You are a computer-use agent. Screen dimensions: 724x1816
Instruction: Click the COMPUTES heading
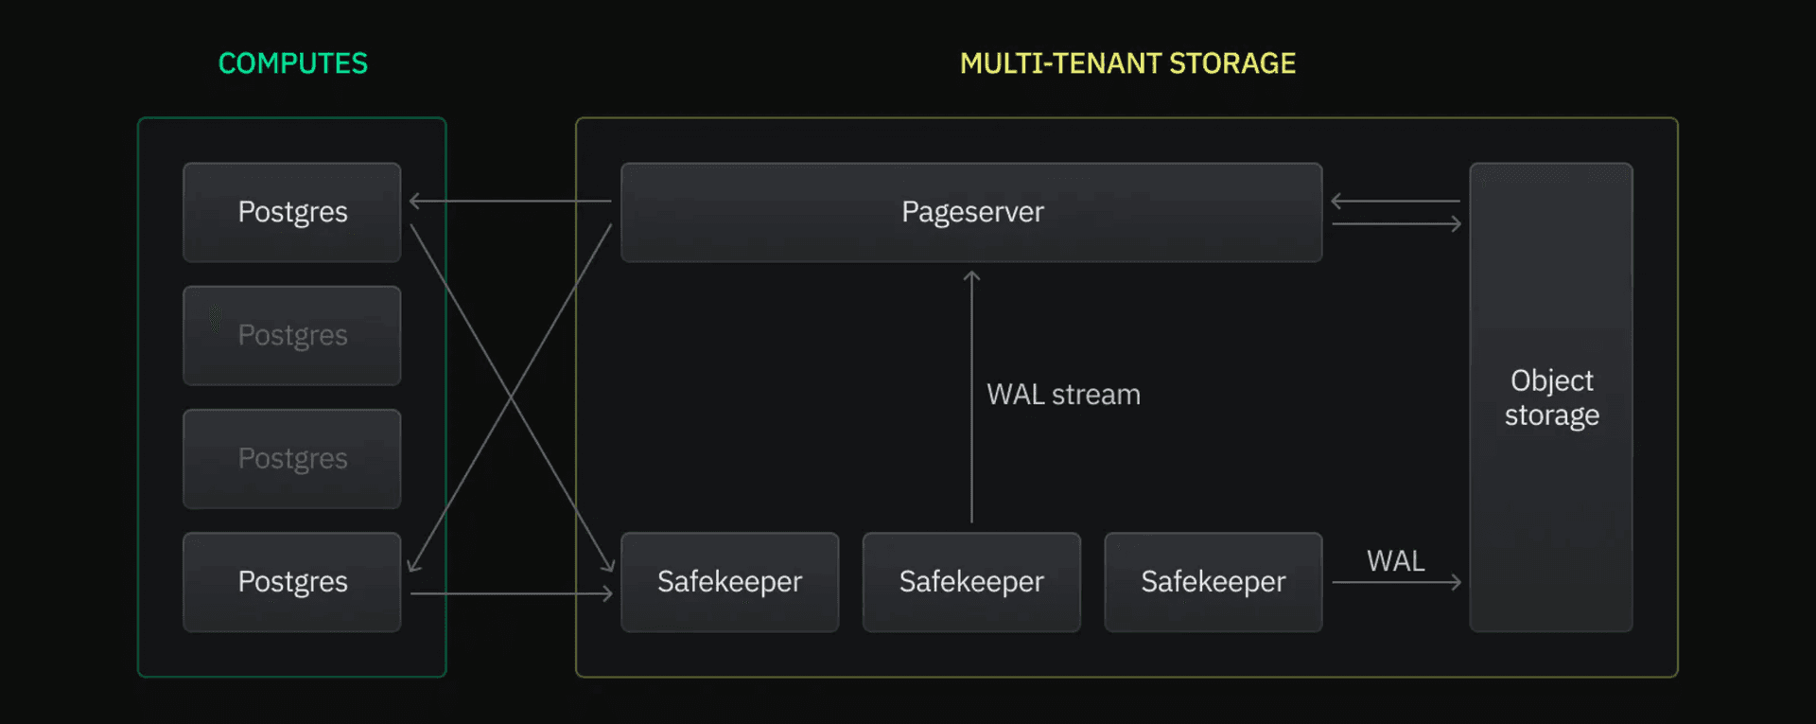[x=292, y=63]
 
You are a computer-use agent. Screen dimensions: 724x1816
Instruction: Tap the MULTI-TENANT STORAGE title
[x=1127, y=63]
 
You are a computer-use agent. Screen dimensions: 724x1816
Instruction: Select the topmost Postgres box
[x=292, y=212]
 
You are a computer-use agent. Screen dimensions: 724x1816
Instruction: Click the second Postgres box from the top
[x=292, y=335]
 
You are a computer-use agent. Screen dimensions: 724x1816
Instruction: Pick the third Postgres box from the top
[x=292, y=458]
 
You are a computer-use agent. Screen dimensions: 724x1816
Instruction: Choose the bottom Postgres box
[x=292, y=581]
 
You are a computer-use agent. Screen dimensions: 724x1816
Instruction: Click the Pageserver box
[x=971, y=212]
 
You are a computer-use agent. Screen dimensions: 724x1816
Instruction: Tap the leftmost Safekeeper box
[x=729, y=581]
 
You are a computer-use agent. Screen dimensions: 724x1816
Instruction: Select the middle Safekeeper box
[x=971, y=581]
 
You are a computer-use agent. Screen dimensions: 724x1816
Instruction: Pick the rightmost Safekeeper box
[x=1213, y=581]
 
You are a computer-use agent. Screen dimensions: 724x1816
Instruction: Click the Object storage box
[x=1551, y=397]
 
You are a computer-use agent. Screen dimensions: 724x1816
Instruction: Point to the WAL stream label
[x=1063, y=395]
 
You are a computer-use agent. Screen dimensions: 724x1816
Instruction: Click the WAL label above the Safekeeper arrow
[x=1395, y=561]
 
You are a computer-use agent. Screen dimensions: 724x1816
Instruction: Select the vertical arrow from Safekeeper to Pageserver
[x=971, y=397]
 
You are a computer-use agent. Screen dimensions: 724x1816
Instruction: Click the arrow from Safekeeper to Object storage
[x=1396, y=582]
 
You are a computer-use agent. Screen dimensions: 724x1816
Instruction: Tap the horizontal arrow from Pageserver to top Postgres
[x=511, y=201]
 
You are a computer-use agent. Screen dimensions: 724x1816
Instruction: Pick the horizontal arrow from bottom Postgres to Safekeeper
[x=511, y=593]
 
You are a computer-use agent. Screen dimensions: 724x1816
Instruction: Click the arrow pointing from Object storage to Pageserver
[x=1396, y=201]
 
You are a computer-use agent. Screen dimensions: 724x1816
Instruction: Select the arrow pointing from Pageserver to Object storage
[x=1396, y=223]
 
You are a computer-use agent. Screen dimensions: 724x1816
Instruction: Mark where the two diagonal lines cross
[x=512, y=397]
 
